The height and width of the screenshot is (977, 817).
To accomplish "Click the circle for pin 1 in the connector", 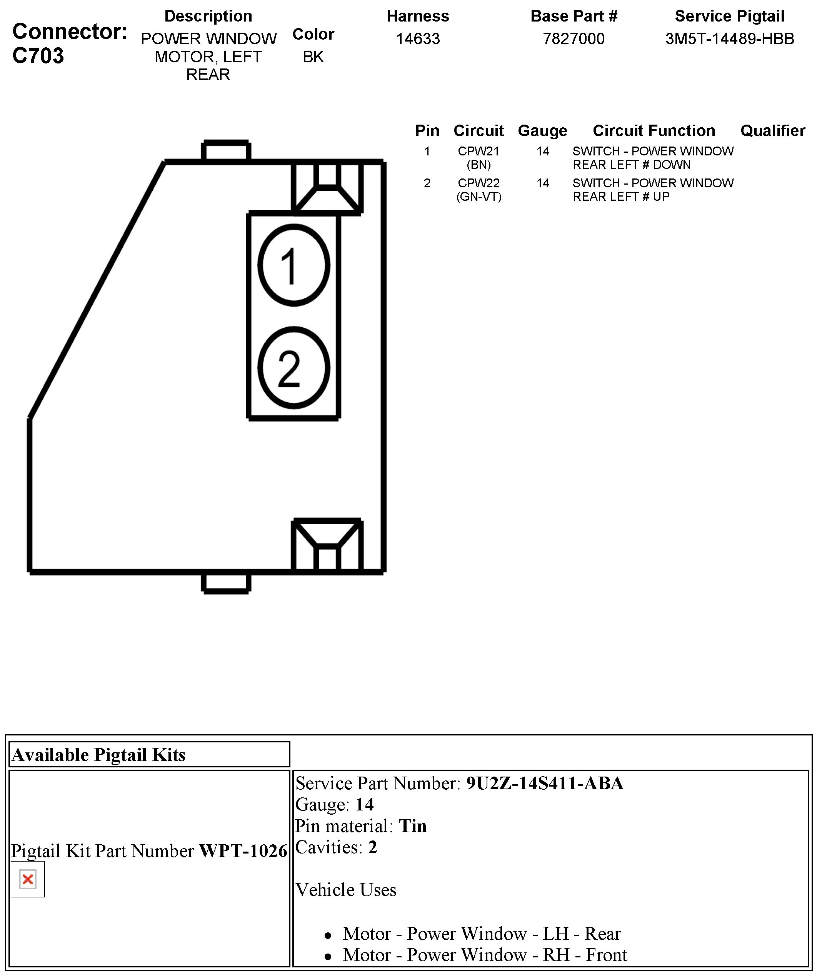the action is [x=293, y=265].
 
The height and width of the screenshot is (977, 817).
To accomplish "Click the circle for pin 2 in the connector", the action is [x=293, y=368].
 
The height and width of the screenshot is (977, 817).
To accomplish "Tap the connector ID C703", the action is [x=38, y=56].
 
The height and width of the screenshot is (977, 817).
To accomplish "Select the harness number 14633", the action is [x=418, y=38].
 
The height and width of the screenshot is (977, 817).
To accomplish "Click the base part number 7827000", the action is [x=574, y=38].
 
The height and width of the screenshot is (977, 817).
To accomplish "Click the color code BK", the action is [x=313, y=57].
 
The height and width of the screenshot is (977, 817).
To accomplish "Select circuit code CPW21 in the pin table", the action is [x=478, y=151].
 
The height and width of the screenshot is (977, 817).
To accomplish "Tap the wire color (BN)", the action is [x=478, y=165].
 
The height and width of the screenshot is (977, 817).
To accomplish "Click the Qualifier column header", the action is [x=772, y=131].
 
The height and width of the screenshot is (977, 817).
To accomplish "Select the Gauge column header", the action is [x=542, y=131].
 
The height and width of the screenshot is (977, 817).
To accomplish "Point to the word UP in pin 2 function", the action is [x=661, y=197].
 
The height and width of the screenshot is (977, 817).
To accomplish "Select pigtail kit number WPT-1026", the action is [x=243, y=851].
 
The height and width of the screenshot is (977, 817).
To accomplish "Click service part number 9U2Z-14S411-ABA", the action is [x=544, y=784].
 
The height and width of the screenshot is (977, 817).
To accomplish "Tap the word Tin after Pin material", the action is [x=413, y=826].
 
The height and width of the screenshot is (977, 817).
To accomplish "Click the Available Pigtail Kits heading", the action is [x=98, y=755].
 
